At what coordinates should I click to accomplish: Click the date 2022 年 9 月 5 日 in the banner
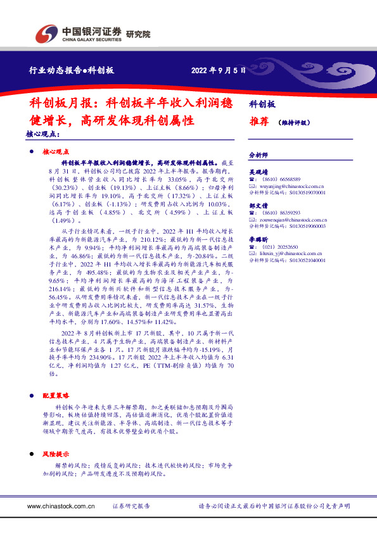point(219,71)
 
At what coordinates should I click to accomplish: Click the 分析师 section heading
point(258,154)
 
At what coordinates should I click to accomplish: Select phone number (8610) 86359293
point(281,213)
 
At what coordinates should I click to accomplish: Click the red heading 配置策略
point(54,394)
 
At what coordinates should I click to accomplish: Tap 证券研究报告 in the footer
point(131,506)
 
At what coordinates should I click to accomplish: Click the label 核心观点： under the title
point(44,135)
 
